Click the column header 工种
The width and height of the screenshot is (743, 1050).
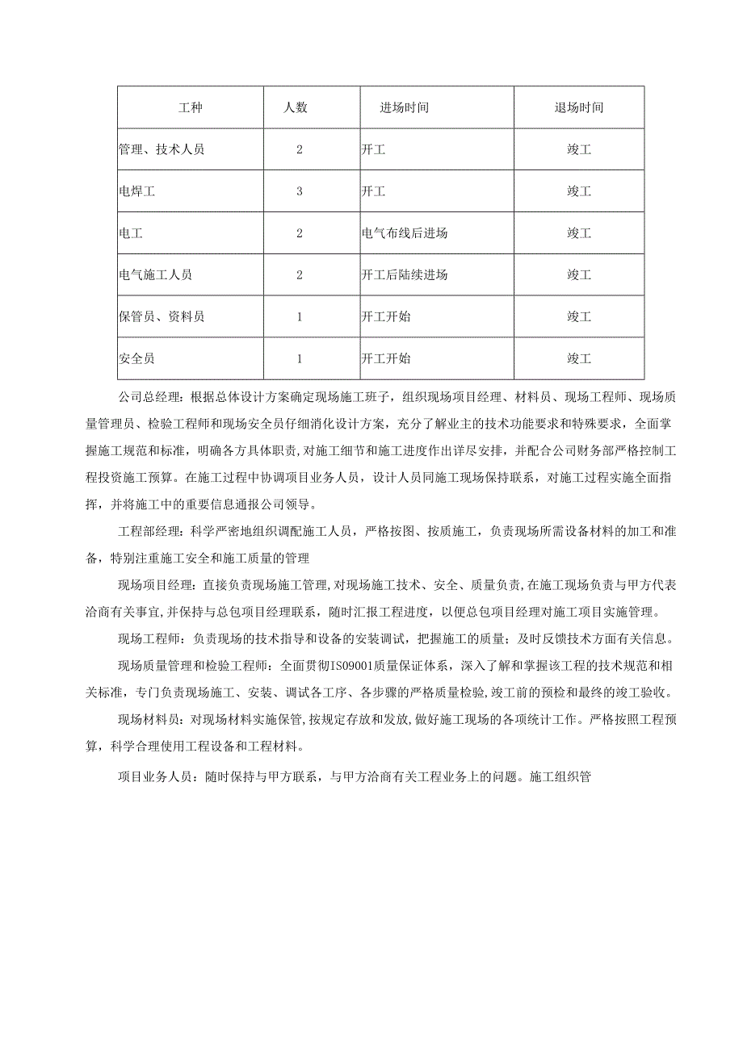(x=191, y=107)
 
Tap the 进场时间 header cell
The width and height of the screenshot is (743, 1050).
(x=404, y=107)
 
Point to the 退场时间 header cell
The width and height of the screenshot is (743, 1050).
(x=578, y=107)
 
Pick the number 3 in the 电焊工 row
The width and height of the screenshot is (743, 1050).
(x=299, y=191)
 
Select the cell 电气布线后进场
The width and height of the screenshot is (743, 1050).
(x=405, y=233)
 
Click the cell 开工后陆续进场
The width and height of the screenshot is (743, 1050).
(x=405, y=275)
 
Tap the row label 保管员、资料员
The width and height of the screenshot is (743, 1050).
(x=162, y=317)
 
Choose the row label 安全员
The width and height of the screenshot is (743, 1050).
(x=140, y=358)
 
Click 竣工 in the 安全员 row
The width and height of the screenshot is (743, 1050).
(x=578, y=358)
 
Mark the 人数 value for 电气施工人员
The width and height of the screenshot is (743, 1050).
(x=299, y=275)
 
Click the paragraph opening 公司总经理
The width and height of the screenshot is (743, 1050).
(x=151, y=397)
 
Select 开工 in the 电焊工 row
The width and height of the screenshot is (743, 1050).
(x=374, y=191)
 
